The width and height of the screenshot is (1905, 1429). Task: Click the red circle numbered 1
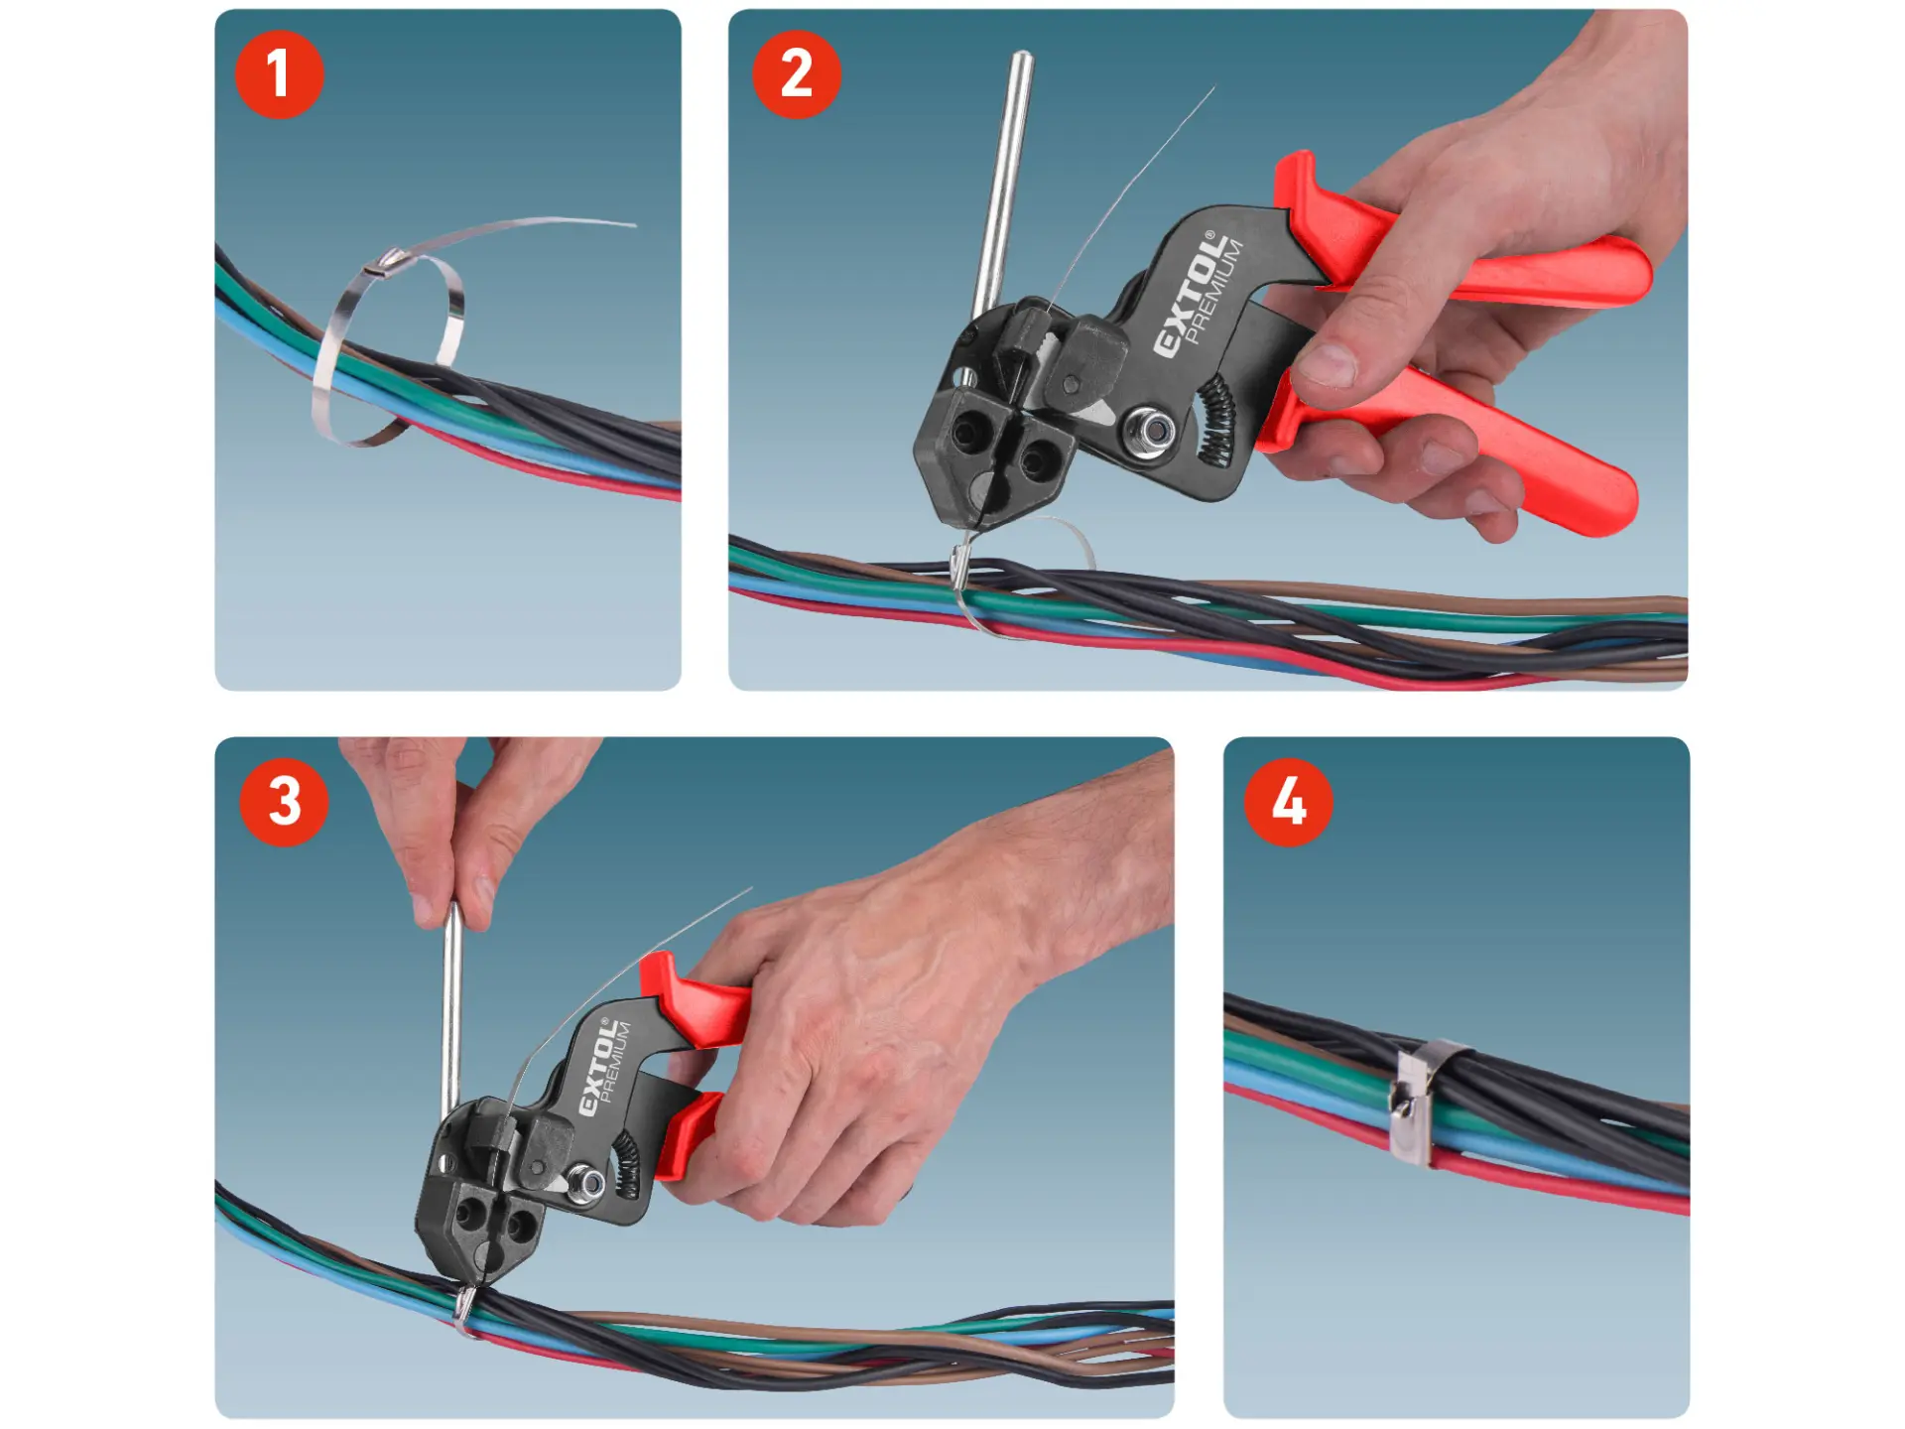[279, 74]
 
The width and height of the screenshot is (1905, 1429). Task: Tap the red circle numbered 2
[796, 74]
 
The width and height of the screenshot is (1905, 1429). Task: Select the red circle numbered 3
[284, 802]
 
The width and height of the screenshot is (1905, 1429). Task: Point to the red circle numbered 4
[1288, 802]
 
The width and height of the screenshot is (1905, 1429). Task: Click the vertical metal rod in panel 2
[1001, 184]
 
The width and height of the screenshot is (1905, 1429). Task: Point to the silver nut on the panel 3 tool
[587, 1182]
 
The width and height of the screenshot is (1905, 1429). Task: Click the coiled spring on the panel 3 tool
[626, 1162]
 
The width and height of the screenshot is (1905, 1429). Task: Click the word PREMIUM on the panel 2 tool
[1215, 294]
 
